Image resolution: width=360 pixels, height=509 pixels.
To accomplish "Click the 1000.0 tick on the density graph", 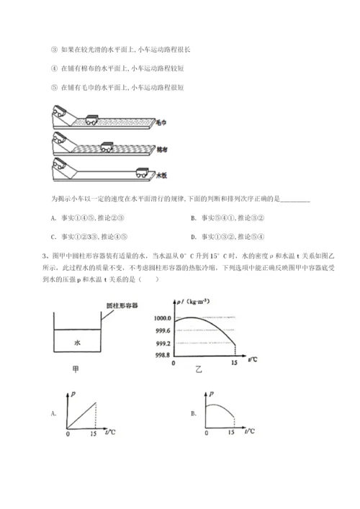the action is [x=163, y=317].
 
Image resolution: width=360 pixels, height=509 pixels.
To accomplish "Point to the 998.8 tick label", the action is [x=163, y=355].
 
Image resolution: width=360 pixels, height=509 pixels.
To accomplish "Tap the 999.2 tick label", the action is [x=163, y=343].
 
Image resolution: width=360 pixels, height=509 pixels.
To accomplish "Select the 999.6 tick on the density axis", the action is [x=163, y=330].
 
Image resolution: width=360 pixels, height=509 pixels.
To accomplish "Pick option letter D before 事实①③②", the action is [x=194, y=235].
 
